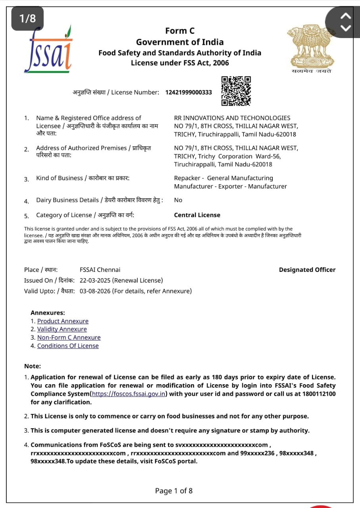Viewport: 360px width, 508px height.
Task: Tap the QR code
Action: tap(236, 91)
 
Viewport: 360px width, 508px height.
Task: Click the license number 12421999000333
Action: tap(189, 92)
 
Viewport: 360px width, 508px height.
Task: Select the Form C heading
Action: tap(180, 31)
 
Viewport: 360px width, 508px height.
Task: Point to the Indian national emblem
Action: tap(311, 47)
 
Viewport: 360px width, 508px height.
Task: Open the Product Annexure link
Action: tap(63, 321)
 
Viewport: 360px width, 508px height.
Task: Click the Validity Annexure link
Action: tap(62, 329)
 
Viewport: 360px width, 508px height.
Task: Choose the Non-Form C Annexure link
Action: tap(69, 338)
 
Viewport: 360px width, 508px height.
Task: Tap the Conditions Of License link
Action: tap(68, 346)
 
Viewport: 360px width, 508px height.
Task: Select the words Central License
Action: tap(197, 215)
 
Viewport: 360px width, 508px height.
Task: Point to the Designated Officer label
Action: tap(307, 270)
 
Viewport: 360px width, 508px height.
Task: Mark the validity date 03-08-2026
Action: tap(95, 291)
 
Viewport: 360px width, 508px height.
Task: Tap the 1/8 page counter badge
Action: tap(27, 18)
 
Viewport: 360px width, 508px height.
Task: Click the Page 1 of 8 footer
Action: tap(174, 491)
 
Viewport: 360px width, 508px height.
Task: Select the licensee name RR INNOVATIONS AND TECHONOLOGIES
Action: tap(232, 118)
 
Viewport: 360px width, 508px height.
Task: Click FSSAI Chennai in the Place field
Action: tap(100, 270)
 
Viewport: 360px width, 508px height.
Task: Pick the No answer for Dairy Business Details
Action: tap(178, 200)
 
